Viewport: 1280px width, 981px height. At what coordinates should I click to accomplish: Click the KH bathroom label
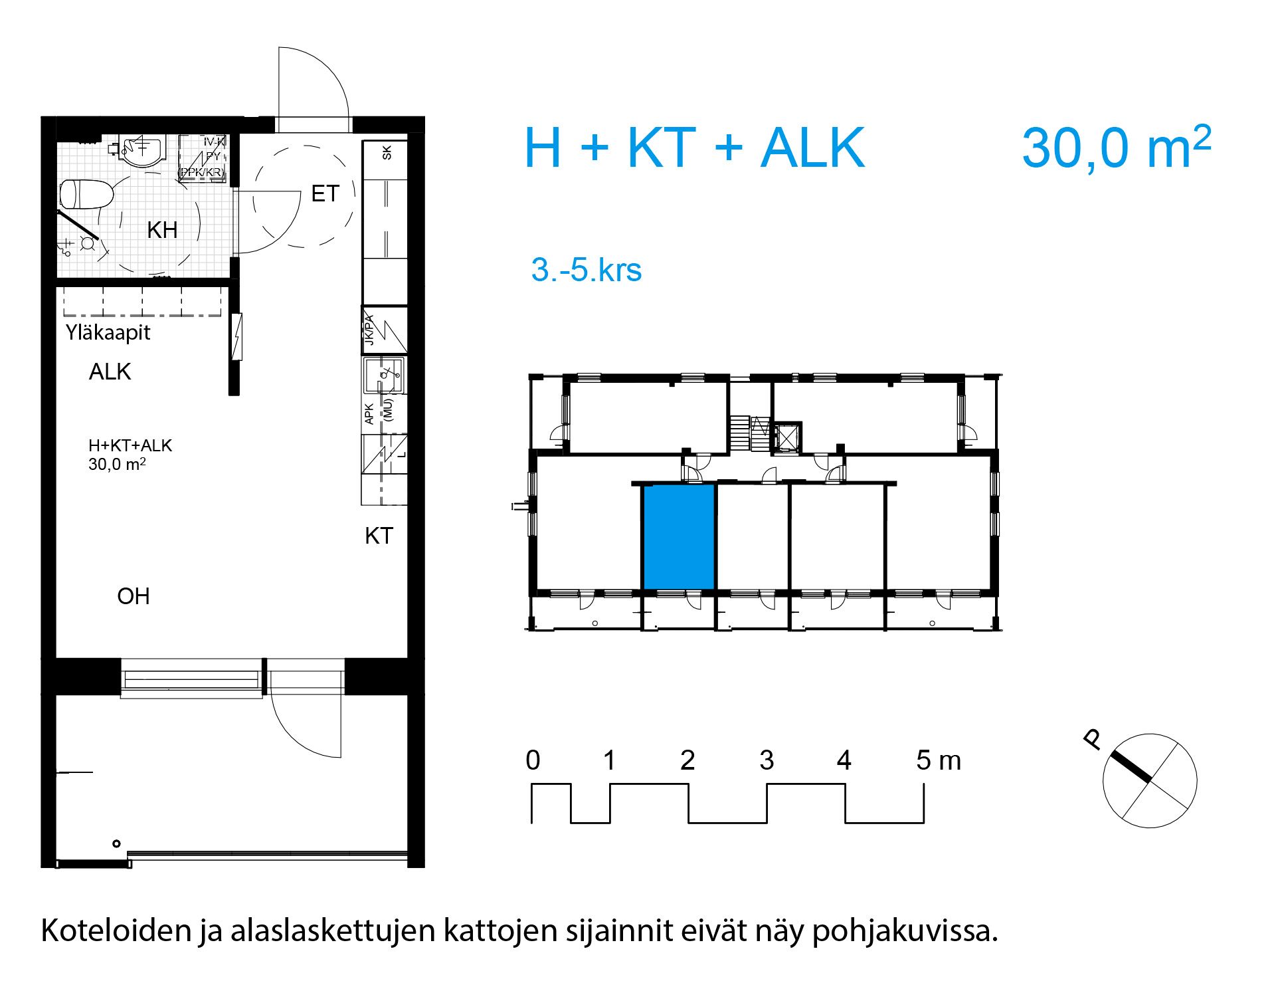(162, 230)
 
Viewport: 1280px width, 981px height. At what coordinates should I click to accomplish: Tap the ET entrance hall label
(325, 193)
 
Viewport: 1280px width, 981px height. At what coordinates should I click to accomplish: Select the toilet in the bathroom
(87, 194)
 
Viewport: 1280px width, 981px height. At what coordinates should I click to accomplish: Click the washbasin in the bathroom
(143, 152)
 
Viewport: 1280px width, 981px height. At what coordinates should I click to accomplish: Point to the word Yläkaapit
(108, 332)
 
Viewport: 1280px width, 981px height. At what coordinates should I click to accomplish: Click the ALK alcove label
(110, 372)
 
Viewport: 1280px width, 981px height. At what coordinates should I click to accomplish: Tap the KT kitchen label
(379, 536)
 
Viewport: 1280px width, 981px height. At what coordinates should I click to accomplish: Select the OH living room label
(134, 596)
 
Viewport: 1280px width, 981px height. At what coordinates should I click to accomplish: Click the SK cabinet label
(387, 152)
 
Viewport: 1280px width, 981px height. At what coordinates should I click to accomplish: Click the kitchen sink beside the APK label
(383, 376)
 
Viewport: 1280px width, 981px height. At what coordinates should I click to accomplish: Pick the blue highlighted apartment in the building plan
(679, 537)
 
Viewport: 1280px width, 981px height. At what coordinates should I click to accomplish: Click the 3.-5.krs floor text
(586, 270)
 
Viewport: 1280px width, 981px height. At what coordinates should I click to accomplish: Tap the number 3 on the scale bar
(767, 760)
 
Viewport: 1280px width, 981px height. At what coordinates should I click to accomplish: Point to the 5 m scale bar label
(938, 760)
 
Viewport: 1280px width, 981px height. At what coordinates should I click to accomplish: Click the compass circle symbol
(1149, 781)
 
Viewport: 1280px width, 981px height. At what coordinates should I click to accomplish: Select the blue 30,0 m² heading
(1116, 148)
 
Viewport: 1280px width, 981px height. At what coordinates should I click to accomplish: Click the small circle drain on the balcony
(117, 843)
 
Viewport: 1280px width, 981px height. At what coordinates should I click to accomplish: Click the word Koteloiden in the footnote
(116, 930)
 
